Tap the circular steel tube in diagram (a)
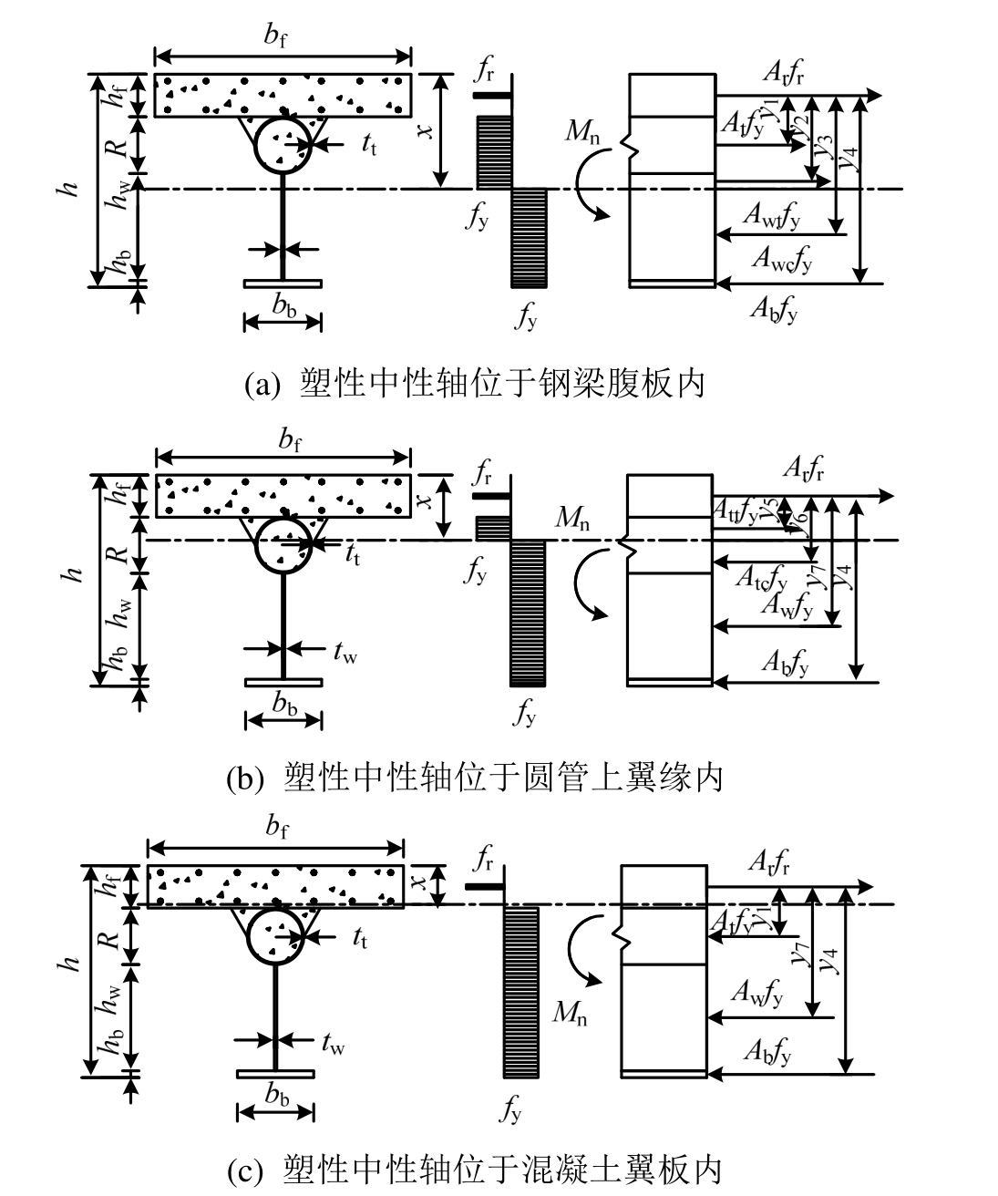click(282, 145)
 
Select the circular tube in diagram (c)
click(274, 935)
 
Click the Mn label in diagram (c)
click(570, 1012)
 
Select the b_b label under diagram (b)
click(283, 705)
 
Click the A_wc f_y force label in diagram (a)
click(781, 261)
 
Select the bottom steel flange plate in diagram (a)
click(283, 284)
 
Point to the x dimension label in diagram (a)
click(423, 131)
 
